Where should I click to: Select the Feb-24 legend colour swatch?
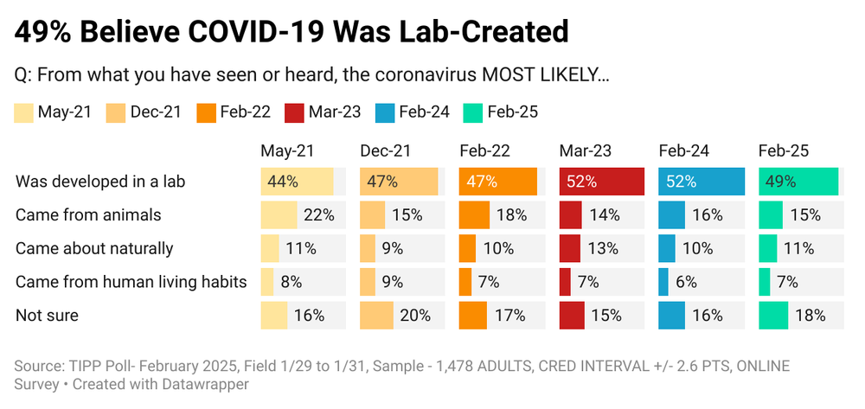click(x=386, y=112)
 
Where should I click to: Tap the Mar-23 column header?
click(x=586, y=150)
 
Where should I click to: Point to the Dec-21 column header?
click(x=386, y=150)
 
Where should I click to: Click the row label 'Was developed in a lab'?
click(x=100, y=182)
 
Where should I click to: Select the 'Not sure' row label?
click(x=47, y=316)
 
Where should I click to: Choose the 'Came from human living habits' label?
click(x=131, y=282)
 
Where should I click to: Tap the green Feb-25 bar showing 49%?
click(x=798, y=182)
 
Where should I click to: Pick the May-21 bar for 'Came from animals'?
click(x=279, y=215)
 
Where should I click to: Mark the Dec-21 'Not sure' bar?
click(x=376, y=316)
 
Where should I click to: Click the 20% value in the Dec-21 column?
click(x=415, y=316)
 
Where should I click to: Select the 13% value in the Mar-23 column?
click(x=604, y=249)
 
